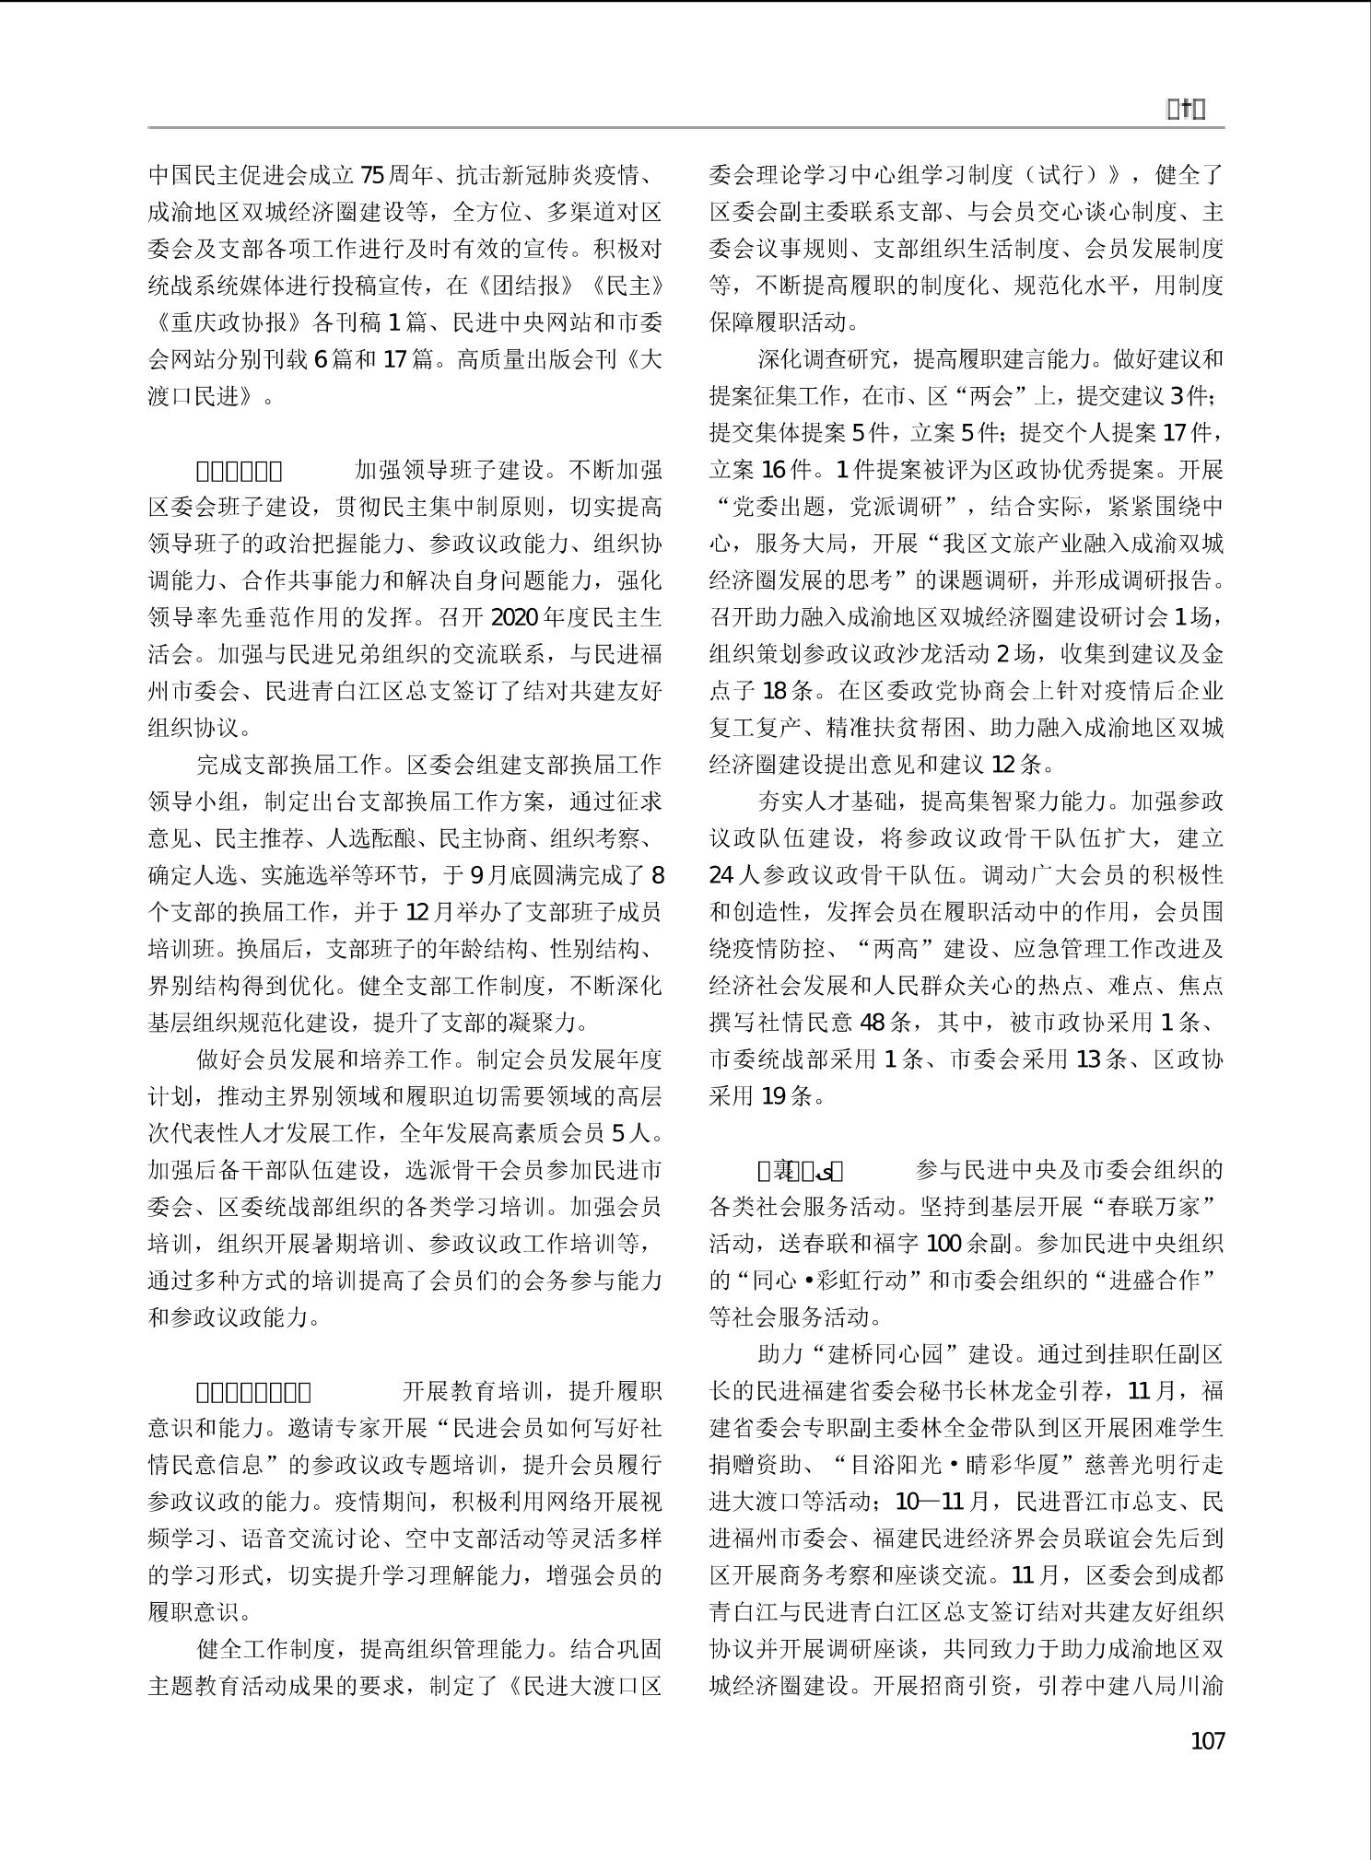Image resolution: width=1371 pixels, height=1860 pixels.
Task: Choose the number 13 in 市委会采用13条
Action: coord(1088,1059)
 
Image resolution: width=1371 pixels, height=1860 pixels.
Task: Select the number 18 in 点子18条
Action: coord(775,690)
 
